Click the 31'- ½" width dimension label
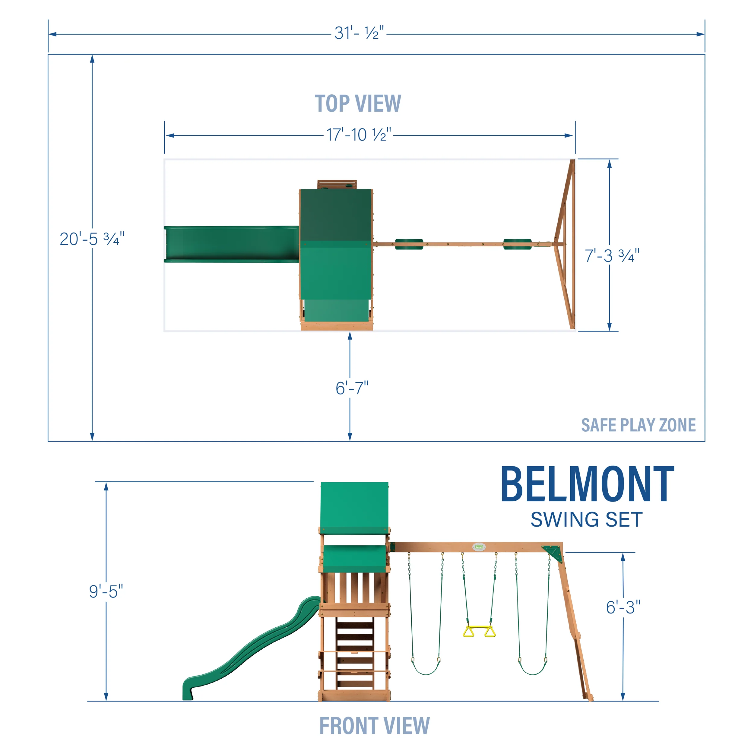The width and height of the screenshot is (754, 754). coord(359,33)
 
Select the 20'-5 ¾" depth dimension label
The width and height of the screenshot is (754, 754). coord(92,239)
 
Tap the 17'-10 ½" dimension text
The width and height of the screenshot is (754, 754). coord(358,135)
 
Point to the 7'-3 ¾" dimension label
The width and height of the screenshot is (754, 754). coord(612,256)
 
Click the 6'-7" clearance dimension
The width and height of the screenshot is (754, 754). coord(352,388)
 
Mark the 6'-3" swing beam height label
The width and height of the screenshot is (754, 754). coord(623,607)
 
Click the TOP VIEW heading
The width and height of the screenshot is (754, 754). coord(357,104)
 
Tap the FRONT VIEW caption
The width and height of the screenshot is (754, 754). coord(374,726)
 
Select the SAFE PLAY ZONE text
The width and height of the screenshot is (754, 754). coord(638,425)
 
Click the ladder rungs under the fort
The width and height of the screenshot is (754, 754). coord(354,656)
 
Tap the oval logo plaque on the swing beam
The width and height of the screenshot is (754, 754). coord(479,547)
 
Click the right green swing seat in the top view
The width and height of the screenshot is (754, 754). coord(517,244)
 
